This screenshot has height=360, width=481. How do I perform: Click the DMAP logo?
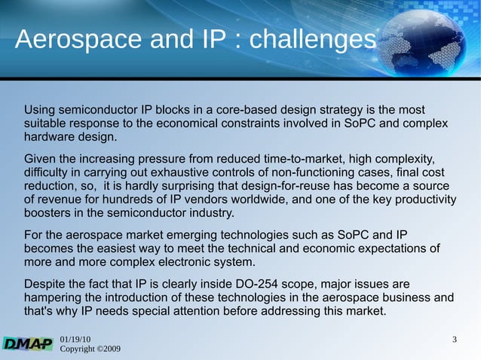point(27,343)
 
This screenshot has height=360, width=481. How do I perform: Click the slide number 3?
point(454,340)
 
